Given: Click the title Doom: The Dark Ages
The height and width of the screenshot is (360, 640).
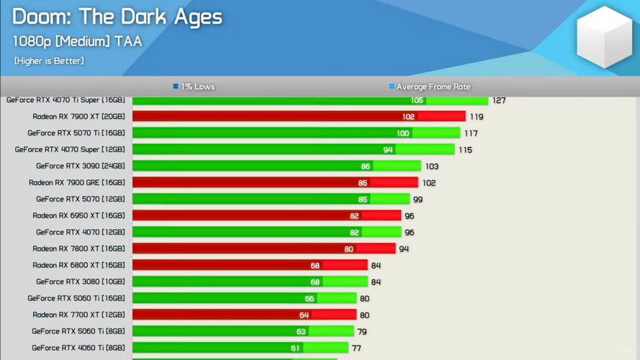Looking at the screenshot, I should [117, 17].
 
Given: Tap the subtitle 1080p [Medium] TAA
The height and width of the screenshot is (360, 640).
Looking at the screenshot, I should [77, 41].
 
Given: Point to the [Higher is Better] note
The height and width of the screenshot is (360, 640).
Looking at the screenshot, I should [49, 61].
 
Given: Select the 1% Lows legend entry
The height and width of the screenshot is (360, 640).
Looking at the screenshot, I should [194, 86].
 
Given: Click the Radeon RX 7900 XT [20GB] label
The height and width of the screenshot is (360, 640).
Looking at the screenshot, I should [78, 117].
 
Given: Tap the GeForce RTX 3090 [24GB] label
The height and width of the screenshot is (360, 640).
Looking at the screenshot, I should [81, 166].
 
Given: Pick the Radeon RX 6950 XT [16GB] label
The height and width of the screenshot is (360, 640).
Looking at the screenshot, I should [78, 216].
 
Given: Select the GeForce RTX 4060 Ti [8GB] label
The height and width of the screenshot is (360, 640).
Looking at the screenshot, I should [78, 348].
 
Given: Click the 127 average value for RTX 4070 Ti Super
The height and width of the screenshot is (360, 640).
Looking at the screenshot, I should [499, 101].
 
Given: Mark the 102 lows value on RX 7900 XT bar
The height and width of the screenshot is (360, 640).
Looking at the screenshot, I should [408, 117].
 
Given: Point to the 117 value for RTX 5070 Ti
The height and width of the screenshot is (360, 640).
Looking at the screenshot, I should [471, 133].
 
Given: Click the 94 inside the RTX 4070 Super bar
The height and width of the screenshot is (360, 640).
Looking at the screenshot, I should [388, 150].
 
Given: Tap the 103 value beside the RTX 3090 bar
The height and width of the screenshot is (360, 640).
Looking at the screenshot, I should [432, 166].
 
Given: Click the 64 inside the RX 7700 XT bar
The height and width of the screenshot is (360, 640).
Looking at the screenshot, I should [304, 315].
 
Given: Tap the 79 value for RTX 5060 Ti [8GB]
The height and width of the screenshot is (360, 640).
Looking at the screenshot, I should [362, 332].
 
